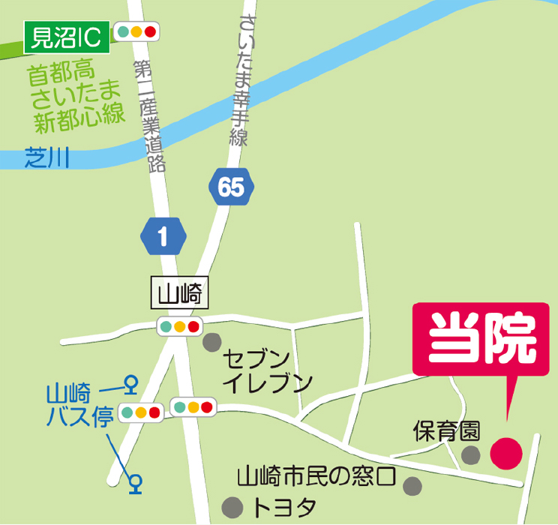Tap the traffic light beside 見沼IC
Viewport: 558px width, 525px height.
point(136,31)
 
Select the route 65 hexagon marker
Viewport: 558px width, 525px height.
point(232,187)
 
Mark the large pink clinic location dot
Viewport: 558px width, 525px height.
point(506,453)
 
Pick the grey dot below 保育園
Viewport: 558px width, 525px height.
point(471,454)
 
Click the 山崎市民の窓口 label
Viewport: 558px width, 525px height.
point(316,475)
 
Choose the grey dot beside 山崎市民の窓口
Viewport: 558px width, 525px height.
point(412,486)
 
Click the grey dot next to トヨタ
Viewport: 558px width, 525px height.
point(235,506)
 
